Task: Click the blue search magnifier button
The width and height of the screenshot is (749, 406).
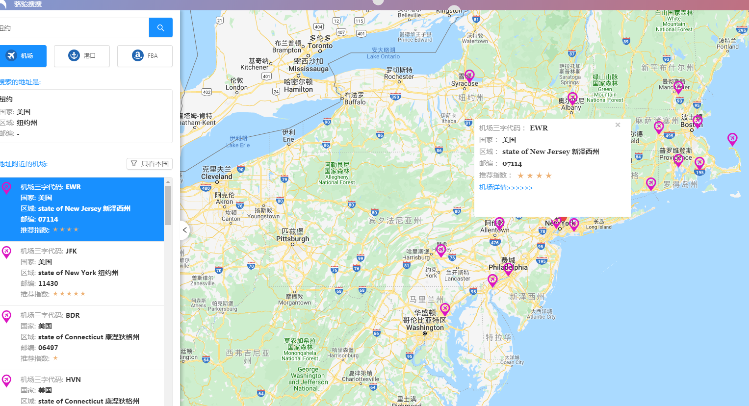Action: point(160,28)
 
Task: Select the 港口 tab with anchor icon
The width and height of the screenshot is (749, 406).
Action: point(82,56)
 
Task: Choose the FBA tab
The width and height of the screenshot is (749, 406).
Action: point(145,56)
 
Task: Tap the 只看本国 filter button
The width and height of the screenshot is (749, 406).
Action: point(150,164)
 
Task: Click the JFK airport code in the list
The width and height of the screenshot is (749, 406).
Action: point(71,251)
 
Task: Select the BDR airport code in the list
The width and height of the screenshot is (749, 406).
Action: point(73,315)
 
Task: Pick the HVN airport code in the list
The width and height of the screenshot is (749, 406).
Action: point(73,380)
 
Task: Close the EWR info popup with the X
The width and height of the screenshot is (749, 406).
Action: point(618,125)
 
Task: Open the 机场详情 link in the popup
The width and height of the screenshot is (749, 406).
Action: point(506,188)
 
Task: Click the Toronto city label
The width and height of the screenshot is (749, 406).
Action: point(320,46)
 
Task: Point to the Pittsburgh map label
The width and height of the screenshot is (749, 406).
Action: point(292,239)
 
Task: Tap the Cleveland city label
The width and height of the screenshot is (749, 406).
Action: point(216,177)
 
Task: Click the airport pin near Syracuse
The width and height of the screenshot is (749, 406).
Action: point(469,76)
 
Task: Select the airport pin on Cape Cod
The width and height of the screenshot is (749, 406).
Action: point(732,139)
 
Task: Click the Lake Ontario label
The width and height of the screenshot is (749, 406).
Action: point(383,56)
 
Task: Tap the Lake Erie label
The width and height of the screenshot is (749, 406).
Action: point(238,145)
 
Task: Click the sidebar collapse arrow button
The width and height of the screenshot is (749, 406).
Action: point(185,230)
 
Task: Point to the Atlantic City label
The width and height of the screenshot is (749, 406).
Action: point(541,317)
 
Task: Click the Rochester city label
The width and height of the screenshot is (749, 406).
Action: point(399,76)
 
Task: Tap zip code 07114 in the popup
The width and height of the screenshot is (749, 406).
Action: point(512,164)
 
